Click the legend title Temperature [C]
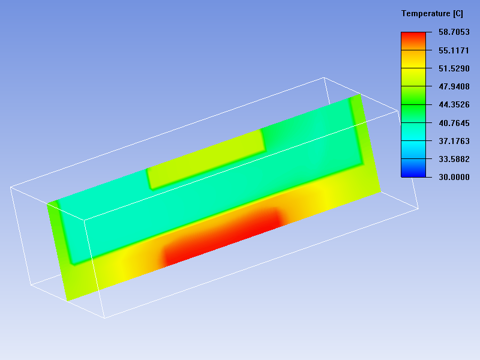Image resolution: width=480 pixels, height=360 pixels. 432,14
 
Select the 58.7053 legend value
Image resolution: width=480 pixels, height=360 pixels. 454,32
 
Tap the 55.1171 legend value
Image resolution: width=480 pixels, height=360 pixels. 454,50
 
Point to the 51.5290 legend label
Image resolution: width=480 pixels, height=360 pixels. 454,68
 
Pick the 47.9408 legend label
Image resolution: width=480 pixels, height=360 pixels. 454,86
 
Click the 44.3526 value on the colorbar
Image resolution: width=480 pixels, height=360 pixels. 454,104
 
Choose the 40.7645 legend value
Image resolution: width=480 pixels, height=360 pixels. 454,123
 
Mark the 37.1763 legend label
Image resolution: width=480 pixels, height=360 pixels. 454,141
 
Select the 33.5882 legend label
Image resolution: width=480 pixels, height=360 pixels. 454,159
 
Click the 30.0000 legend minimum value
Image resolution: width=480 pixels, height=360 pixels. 454,177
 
